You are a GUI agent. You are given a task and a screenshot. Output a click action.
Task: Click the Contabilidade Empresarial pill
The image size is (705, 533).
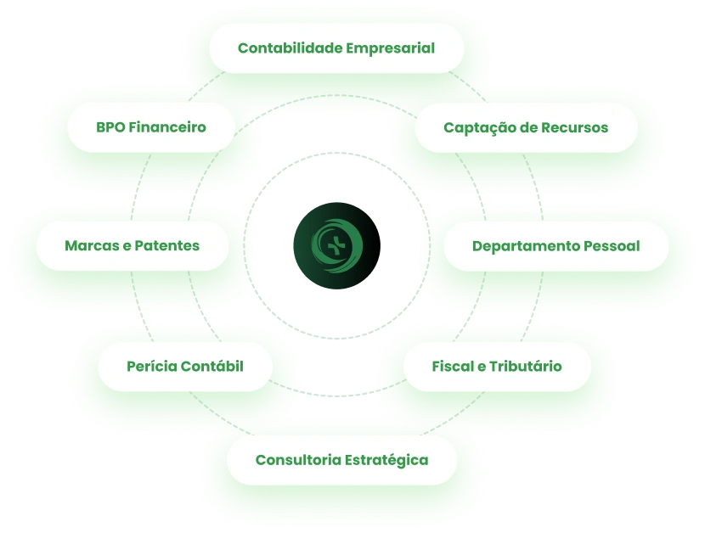click(x=336, y=48)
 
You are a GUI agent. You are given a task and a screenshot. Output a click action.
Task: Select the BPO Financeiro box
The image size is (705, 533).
click(x=151, y=127)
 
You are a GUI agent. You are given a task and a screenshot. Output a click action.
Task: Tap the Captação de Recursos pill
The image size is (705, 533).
click(x=526, y=127)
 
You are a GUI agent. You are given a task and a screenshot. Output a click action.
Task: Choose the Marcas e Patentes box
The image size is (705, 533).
click(x=133, y=246)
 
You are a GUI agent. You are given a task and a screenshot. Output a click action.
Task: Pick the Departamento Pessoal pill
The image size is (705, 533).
click(x=556, y=246)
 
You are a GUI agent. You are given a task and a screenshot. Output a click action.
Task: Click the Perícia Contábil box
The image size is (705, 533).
click(x=185, y=367)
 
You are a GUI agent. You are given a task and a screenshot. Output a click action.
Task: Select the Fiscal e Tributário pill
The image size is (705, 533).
click(x=496, y=367)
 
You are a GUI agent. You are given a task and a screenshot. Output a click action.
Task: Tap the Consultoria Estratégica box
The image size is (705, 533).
click(x=341, y=460)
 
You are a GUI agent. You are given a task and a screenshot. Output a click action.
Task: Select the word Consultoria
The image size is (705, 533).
click(x=296, y=460)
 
